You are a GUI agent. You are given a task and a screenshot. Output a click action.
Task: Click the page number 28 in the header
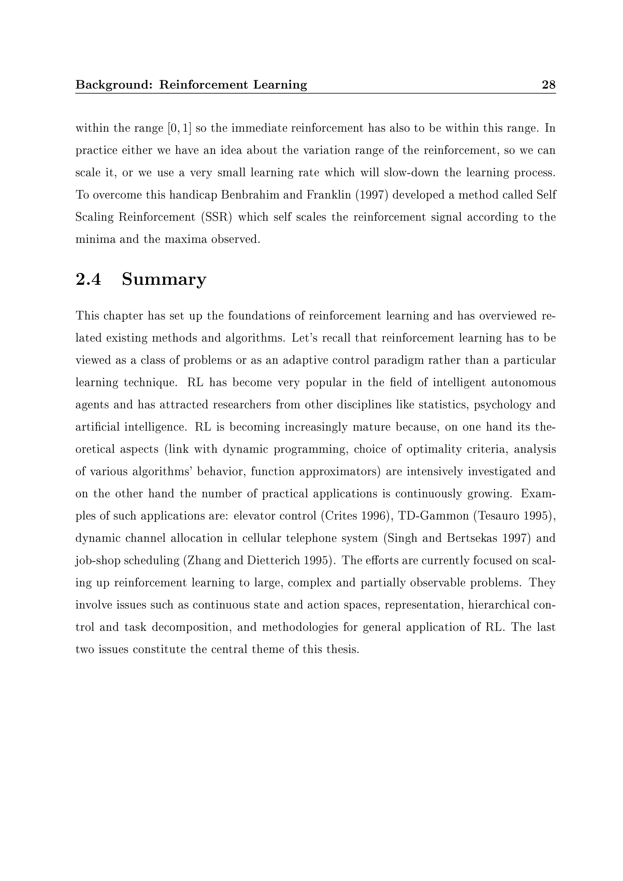click(x=548, y=85)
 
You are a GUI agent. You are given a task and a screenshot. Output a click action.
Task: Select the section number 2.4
click(x=88, y=279)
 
